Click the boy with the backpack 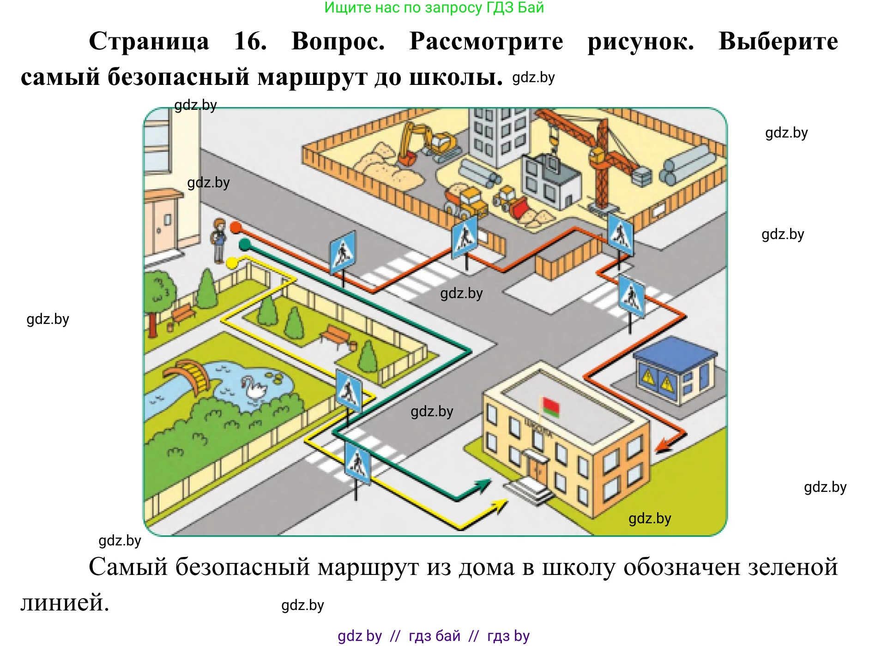click(219, 240)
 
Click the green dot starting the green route click(245, 243)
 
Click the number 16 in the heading click(250, 42)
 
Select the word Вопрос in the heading click(338, 42)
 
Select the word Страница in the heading click(149, 42)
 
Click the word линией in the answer click(65, 602)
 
